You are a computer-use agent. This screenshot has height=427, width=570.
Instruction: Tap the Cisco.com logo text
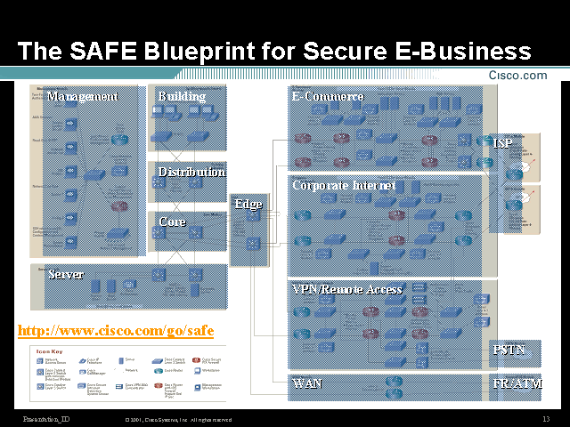(517, 76)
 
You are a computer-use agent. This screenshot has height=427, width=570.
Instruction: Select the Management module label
(82, 97)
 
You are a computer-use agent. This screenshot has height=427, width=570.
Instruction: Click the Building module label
(182, 96)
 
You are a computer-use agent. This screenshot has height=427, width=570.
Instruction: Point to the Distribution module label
(191, 172)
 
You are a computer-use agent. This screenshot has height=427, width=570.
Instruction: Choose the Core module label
(172, 222)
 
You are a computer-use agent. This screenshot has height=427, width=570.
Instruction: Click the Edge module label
(248, 204)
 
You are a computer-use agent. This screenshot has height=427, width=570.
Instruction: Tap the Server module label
(66, 274)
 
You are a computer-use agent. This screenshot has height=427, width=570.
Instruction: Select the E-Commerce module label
(328, 96)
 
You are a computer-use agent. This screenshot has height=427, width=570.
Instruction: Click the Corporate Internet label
(344, 186)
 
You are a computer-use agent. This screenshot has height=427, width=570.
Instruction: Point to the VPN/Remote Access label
(347, 289)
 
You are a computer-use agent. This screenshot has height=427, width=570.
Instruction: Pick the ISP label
(503, 142)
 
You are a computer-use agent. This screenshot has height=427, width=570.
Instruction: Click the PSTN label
(509, 350)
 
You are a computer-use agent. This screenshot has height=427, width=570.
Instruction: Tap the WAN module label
(307, 384)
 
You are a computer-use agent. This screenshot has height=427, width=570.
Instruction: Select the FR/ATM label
(517, 384)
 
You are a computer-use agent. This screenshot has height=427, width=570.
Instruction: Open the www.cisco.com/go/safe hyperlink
(116, 331)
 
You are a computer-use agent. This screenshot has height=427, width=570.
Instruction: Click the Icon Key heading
(48, 351)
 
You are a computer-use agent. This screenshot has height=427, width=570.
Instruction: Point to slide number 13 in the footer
(545, 419)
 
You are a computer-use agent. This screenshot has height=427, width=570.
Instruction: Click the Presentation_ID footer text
(47, 419)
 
